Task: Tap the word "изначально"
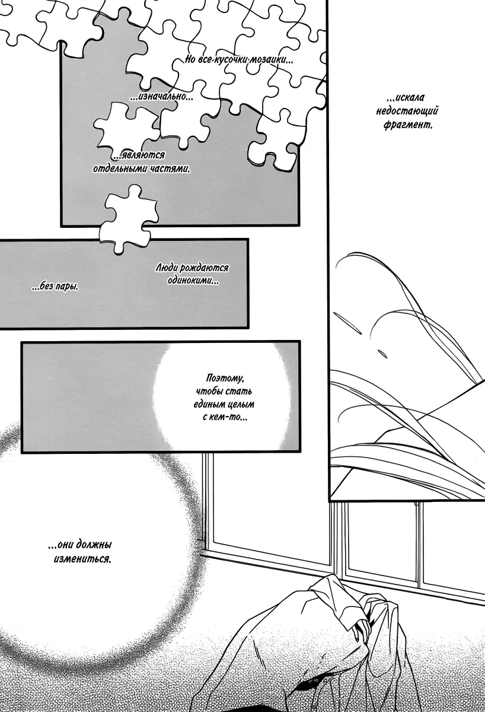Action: pos(163,96)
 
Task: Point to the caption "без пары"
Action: pos(55,287)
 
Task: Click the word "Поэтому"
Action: pos(225,378)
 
